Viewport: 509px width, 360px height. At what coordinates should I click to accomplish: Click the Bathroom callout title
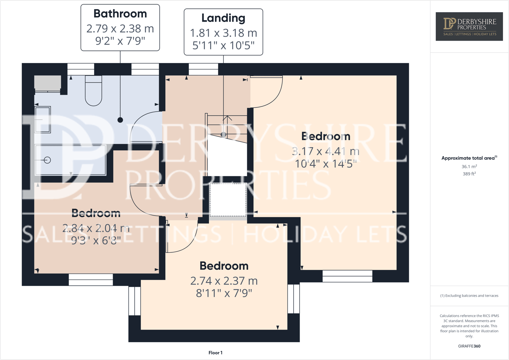pos(120,14)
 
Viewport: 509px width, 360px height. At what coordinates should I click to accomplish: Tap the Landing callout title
pos(223,18)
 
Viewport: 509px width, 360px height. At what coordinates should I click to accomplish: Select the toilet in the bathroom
pos(93,91)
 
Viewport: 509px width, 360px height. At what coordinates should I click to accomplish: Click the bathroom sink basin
pos(42,119)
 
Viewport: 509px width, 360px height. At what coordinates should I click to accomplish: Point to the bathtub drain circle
pos(47,160)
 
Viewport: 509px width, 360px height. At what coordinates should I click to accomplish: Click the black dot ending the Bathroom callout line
pos(120,120)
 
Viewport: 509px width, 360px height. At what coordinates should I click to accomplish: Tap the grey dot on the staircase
pos(223,135)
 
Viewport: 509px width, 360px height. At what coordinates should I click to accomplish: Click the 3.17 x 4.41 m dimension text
pos(325,151)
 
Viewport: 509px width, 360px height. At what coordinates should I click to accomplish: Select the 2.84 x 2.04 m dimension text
pos(96,228)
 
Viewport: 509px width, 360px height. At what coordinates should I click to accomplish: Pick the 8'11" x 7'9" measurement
pos(224,293)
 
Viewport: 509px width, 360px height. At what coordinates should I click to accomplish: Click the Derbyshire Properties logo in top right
pos(469,26)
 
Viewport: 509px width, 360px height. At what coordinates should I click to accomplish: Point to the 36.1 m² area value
pos(469,167)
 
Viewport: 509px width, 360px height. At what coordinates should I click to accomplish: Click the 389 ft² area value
pos(469,174)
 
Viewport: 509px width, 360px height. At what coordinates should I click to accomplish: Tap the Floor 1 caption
pos(215,353)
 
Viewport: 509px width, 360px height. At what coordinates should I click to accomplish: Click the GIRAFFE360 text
pos(469,346)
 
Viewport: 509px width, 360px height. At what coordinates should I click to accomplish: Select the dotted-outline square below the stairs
pos(228,200)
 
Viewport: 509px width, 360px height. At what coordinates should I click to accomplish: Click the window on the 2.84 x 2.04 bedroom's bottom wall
pos(91,280)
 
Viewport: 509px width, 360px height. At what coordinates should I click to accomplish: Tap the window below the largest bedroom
pos(347,276)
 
